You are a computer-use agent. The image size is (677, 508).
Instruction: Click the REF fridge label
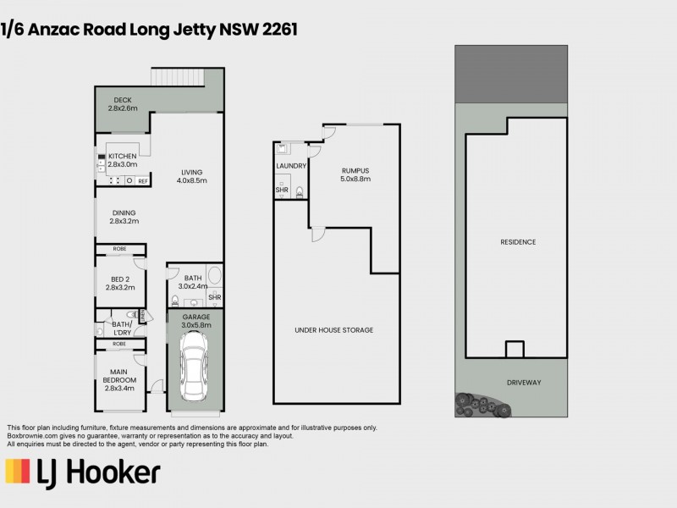point(143,181)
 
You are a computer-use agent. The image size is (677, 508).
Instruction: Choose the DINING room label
point(123,217)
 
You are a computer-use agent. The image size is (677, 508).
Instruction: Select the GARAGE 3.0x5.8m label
point(195,321)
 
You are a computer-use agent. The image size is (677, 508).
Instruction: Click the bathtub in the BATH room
point(214,276)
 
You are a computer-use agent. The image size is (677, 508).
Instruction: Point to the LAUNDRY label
point(291,166)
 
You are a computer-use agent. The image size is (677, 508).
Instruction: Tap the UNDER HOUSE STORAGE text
point(333,330)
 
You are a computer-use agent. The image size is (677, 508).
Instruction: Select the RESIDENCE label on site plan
point(517,242)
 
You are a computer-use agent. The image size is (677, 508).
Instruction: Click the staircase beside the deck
point(179,77)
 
